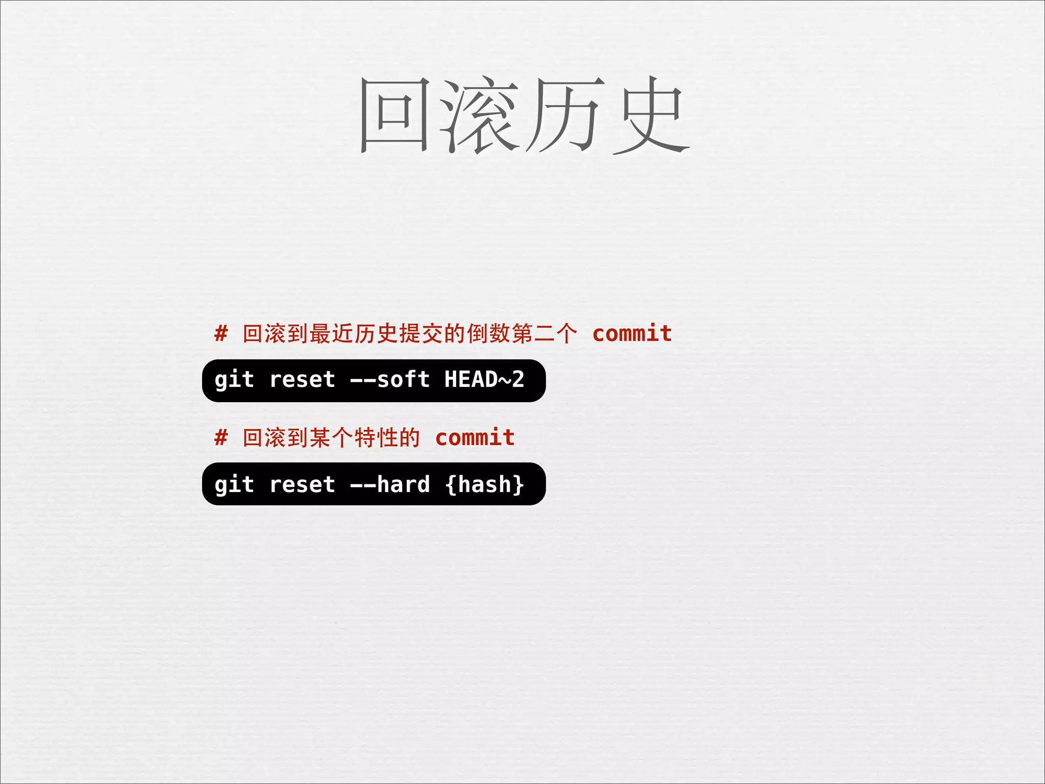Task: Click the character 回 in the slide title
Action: (x=394, y=115)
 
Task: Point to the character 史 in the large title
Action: (x=651, y=115)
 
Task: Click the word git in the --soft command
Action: (x=234, y=380)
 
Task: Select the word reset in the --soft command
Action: (x=302, y=380)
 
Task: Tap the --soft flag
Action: (x=390, y=380)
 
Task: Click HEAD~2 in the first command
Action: (x=484, y=380)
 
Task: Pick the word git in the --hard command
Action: (x=234, y=484)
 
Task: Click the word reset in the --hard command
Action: (x=302, y=484)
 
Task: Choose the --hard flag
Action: (x=390, y=484)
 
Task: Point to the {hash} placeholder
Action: (x=484, y=484)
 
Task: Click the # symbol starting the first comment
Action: (x=221, y=334)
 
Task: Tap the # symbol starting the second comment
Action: (x=221, y=438)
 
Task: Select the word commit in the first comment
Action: (x=632, y=334)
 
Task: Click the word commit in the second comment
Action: (x=475, y=438)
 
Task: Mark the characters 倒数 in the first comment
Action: (x=489, y=334)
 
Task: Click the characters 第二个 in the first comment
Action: (x=545, y=334)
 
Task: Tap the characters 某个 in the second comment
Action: (x=331, y=438)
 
